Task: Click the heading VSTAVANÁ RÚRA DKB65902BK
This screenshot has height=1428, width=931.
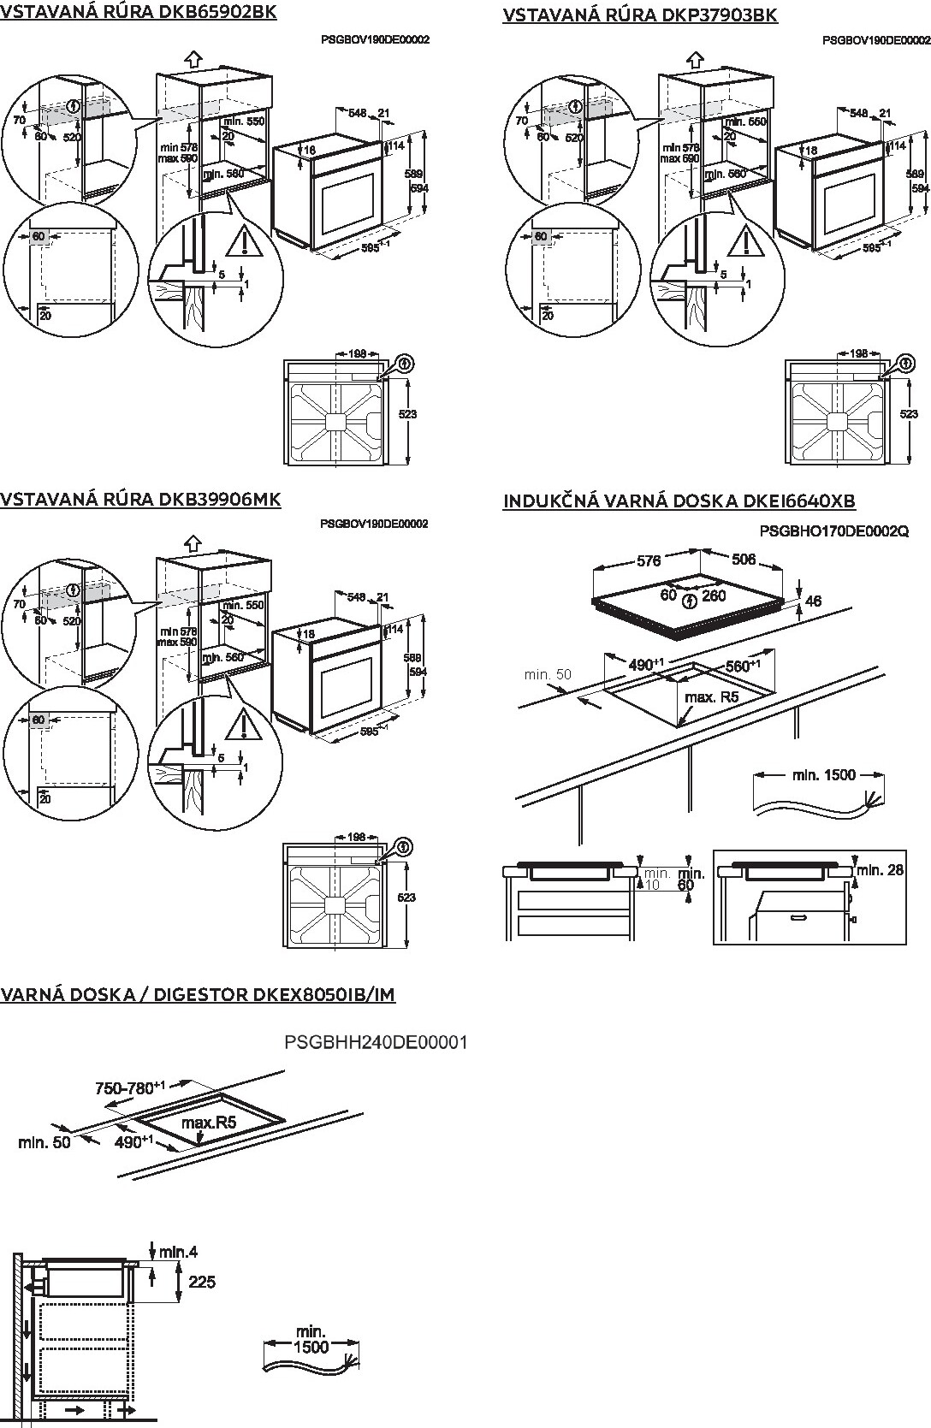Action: tap(139, 13)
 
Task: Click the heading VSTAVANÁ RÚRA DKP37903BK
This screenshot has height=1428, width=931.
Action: tap(640, 15)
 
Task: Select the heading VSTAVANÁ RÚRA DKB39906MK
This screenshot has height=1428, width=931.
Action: tap(140, 499)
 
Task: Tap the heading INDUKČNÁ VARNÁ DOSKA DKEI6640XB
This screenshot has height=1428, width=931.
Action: tap(679, 501)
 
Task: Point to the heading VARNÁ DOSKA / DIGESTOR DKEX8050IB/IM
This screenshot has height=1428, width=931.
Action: tap(198, 994)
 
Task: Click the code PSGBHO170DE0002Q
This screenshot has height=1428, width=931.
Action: tap(833, 531)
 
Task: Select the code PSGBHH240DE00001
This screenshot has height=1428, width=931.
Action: tap(376, 1042)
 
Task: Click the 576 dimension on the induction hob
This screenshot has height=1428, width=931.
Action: tap(649, 561)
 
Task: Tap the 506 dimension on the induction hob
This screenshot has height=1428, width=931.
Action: tap(744, 560)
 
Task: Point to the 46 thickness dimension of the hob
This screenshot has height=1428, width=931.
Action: tap(813, 601)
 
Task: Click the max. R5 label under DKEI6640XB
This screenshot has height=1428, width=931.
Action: tap(711, 697)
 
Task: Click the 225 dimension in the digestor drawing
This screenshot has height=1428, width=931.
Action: tap(202, 1282)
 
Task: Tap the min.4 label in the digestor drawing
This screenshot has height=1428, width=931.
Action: tap(178, 1252)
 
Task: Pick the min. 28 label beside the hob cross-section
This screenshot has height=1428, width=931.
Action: tap(881, 870)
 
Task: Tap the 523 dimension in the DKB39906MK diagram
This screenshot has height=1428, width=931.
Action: tap(407, 897)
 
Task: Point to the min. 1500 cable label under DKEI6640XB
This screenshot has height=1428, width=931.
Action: tap(823, 775)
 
